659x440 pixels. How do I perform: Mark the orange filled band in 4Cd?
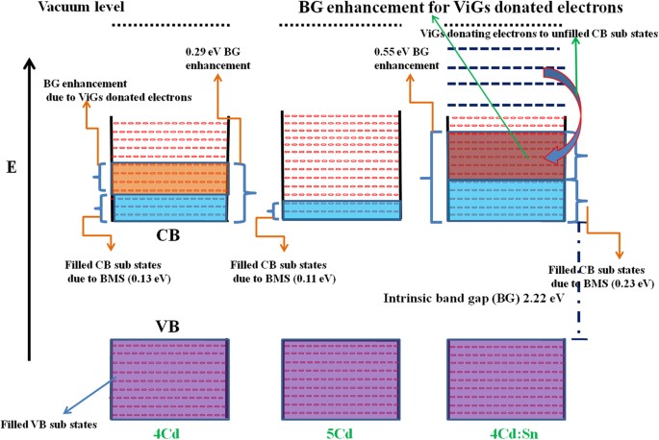click(170, 178)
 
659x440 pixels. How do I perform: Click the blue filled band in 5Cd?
click(342, 209)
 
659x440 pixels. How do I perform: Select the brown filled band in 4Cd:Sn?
click(505, 156)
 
